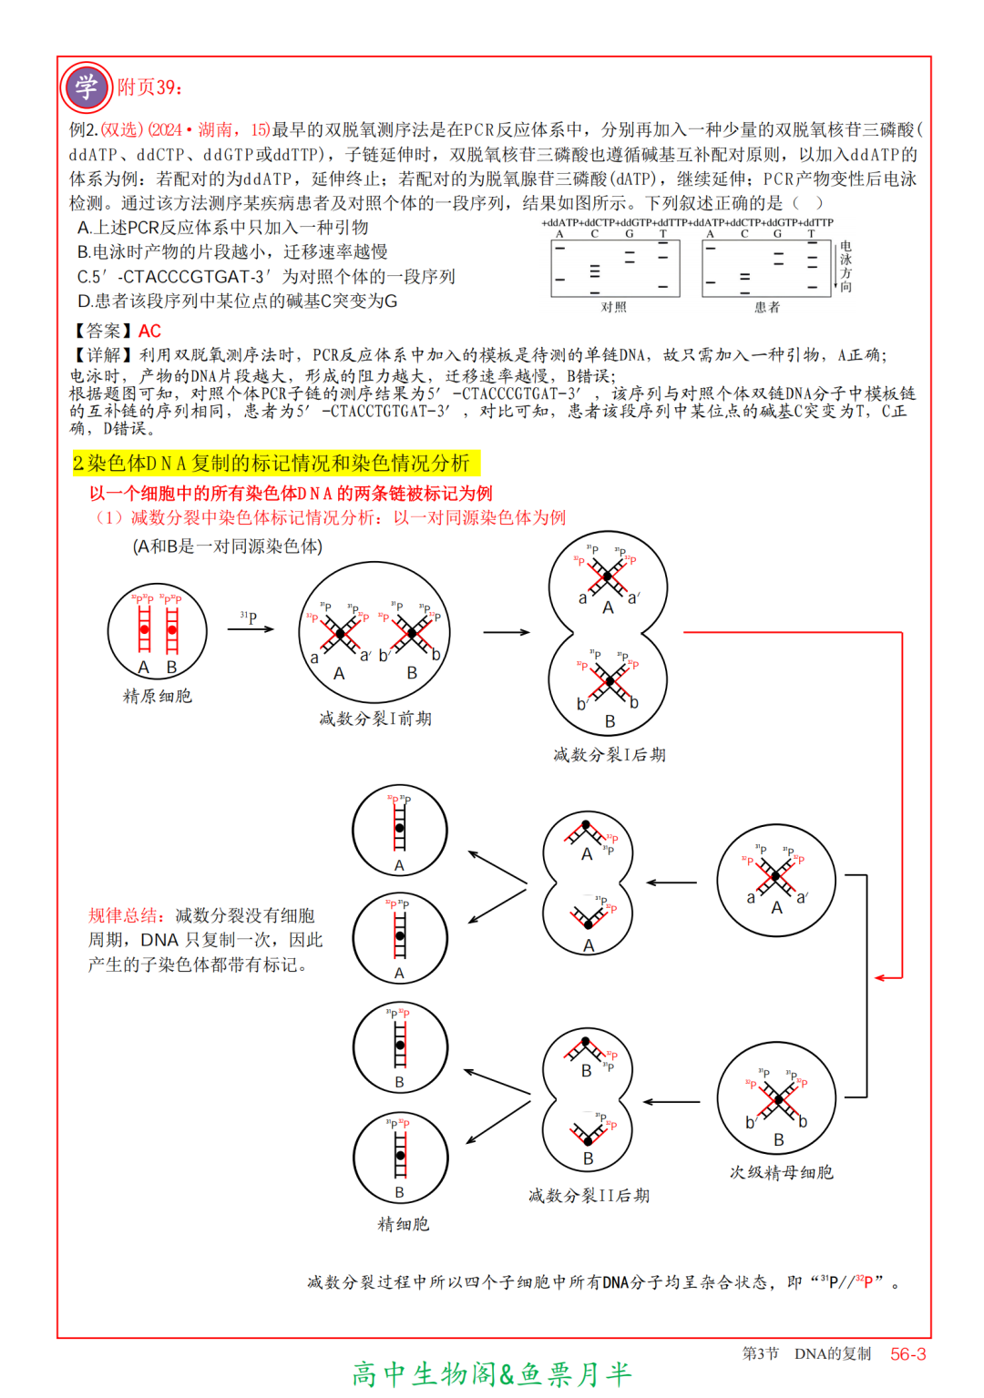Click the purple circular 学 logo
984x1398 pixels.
click(86, 87)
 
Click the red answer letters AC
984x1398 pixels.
click(149, 332)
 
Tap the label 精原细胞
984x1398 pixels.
click(157, 697)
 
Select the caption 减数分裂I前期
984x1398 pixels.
click(375, 719)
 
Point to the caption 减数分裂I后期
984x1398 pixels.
click(609, 755)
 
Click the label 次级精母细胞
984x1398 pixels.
click(781, 1173)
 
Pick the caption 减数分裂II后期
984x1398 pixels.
click(589, 1196)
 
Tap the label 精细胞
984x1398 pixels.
click(403, 1225)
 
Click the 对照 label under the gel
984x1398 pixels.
click(613, 308)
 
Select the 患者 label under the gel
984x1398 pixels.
click(767, 308)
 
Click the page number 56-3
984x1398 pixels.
click(907, 1354)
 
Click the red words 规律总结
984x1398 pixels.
click(124, 916)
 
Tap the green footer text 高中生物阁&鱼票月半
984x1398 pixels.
click(492, 1374)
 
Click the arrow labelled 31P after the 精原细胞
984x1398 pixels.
click(251, 628)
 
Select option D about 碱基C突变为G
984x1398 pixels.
click(237, 301)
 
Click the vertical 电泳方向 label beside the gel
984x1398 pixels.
click(846, 266)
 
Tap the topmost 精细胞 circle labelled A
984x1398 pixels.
click(400, 831)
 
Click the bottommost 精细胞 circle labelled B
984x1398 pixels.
click(400, 1158)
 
